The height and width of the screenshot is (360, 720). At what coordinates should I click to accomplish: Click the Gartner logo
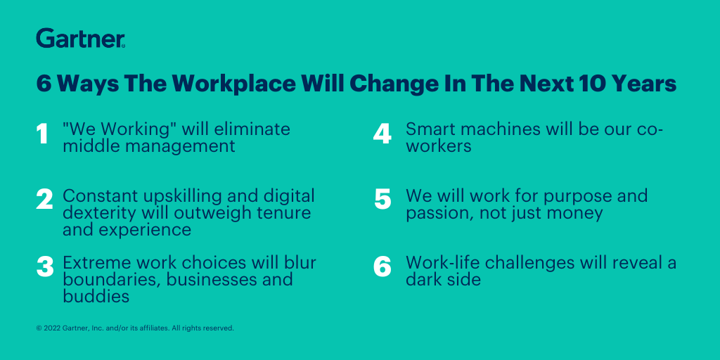pyautogui.click(x=81, y=39)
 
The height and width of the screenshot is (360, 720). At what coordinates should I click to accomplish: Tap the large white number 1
pyautogui.click(x=42, y=134)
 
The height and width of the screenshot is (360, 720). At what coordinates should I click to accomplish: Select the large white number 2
pyautogui.click(x=44, y=200)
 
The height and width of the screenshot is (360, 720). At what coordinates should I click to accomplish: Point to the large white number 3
pyautogui.click(x=45, y=267)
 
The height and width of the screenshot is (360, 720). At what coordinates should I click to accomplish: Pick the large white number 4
pyautogui.click(x=382, y=134)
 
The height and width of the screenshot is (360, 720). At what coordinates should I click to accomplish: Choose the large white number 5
pyautogui.click(x=382, y=200)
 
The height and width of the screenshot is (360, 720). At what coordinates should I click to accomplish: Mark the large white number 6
pyautogui.click(x=382, y=267)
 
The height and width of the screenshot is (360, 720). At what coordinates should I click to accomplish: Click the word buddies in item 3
pyautogui.click(x=96, y=296)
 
